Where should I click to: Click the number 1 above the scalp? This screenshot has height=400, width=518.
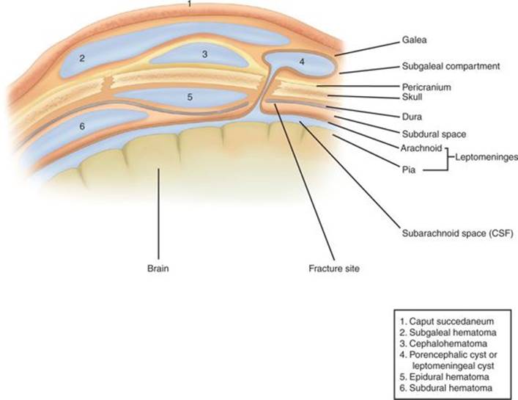click(190, 4)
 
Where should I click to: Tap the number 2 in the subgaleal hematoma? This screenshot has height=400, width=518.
click(83, 57)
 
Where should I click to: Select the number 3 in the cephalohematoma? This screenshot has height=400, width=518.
click(204, 54)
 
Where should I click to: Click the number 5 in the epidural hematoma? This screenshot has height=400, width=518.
click(189, 96)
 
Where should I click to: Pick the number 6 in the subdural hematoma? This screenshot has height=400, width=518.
click(82, 126)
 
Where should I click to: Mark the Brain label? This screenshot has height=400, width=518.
click(158, 269)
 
